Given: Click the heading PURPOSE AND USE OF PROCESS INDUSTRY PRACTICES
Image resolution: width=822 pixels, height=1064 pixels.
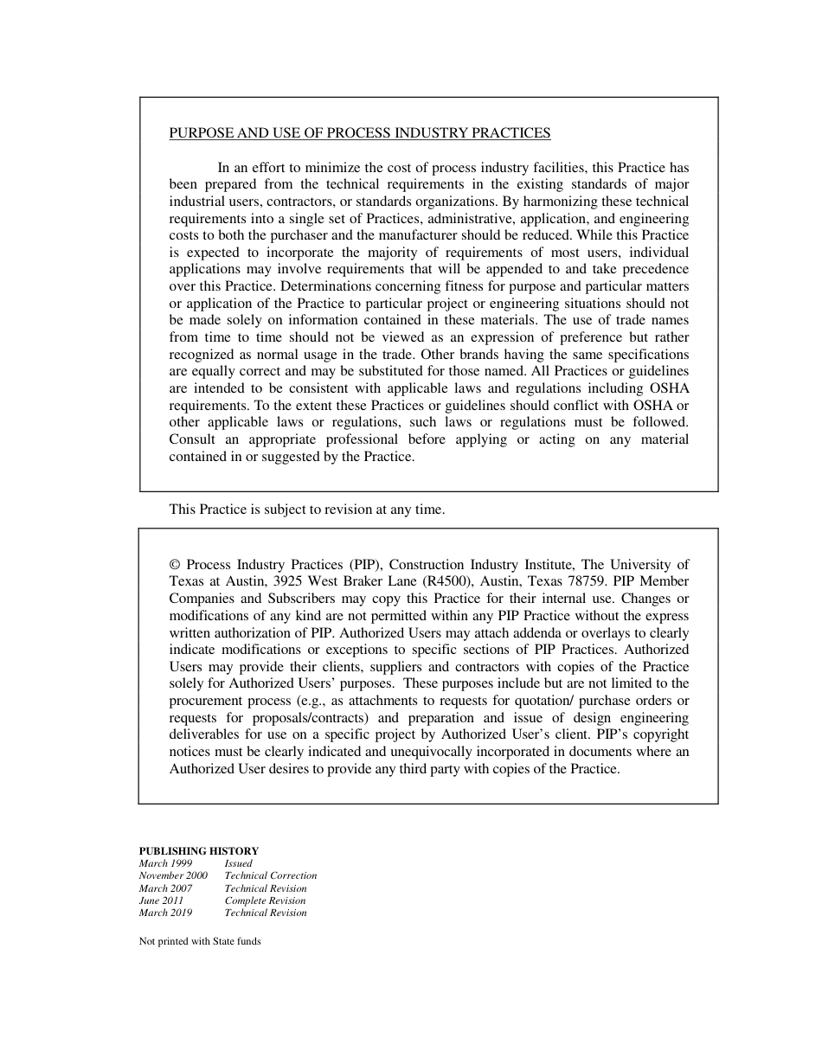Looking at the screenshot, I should pyautogui.click(x=359, y=133).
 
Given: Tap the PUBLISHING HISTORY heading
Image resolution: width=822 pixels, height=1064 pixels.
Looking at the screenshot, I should pyautogui.click(x=199, y=851).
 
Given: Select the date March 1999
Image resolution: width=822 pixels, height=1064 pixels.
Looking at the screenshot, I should pyautogui.click(x=166, y=863).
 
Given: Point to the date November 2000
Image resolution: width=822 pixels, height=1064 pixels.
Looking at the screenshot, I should pyautogui.click(x=173, y=875).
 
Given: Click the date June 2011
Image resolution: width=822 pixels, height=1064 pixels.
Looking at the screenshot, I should pyautogui.click(x=161, y=901).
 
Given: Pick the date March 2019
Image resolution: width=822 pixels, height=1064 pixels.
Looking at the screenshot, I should pyautogui.click(x=166, y=913).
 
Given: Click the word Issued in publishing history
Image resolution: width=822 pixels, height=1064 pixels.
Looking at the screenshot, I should pyautogui.click(x=238, y=863).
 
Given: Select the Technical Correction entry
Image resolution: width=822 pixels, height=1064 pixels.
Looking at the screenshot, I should pyautogui.click(x=270, y=875).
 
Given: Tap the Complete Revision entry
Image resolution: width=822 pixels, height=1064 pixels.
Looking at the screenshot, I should pyautogui.click(x=265, y=901).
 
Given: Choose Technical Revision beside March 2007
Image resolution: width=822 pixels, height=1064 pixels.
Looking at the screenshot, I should pyautogui.click(x=265, y=888).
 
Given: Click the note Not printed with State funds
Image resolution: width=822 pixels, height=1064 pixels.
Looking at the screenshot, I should pyautogui.click(x=200, y=941).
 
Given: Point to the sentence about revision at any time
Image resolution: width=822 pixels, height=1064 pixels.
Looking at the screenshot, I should pyautogui.click(x=306, y=510).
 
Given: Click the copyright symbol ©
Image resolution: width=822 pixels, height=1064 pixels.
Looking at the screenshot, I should pyautogui.click(x=175, y=565).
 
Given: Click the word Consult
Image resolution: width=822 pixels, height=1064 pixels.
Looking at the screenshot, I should pyautogui.click(x=192, y=439).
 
